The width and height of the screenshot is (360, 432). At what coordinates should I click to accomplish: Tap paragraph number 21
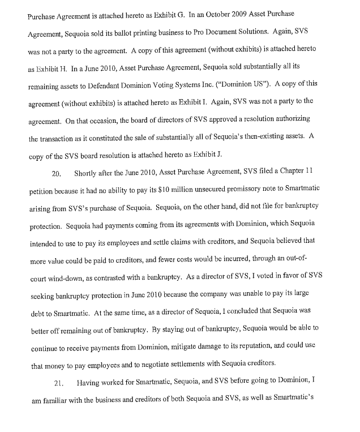[x=60, y=384]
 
